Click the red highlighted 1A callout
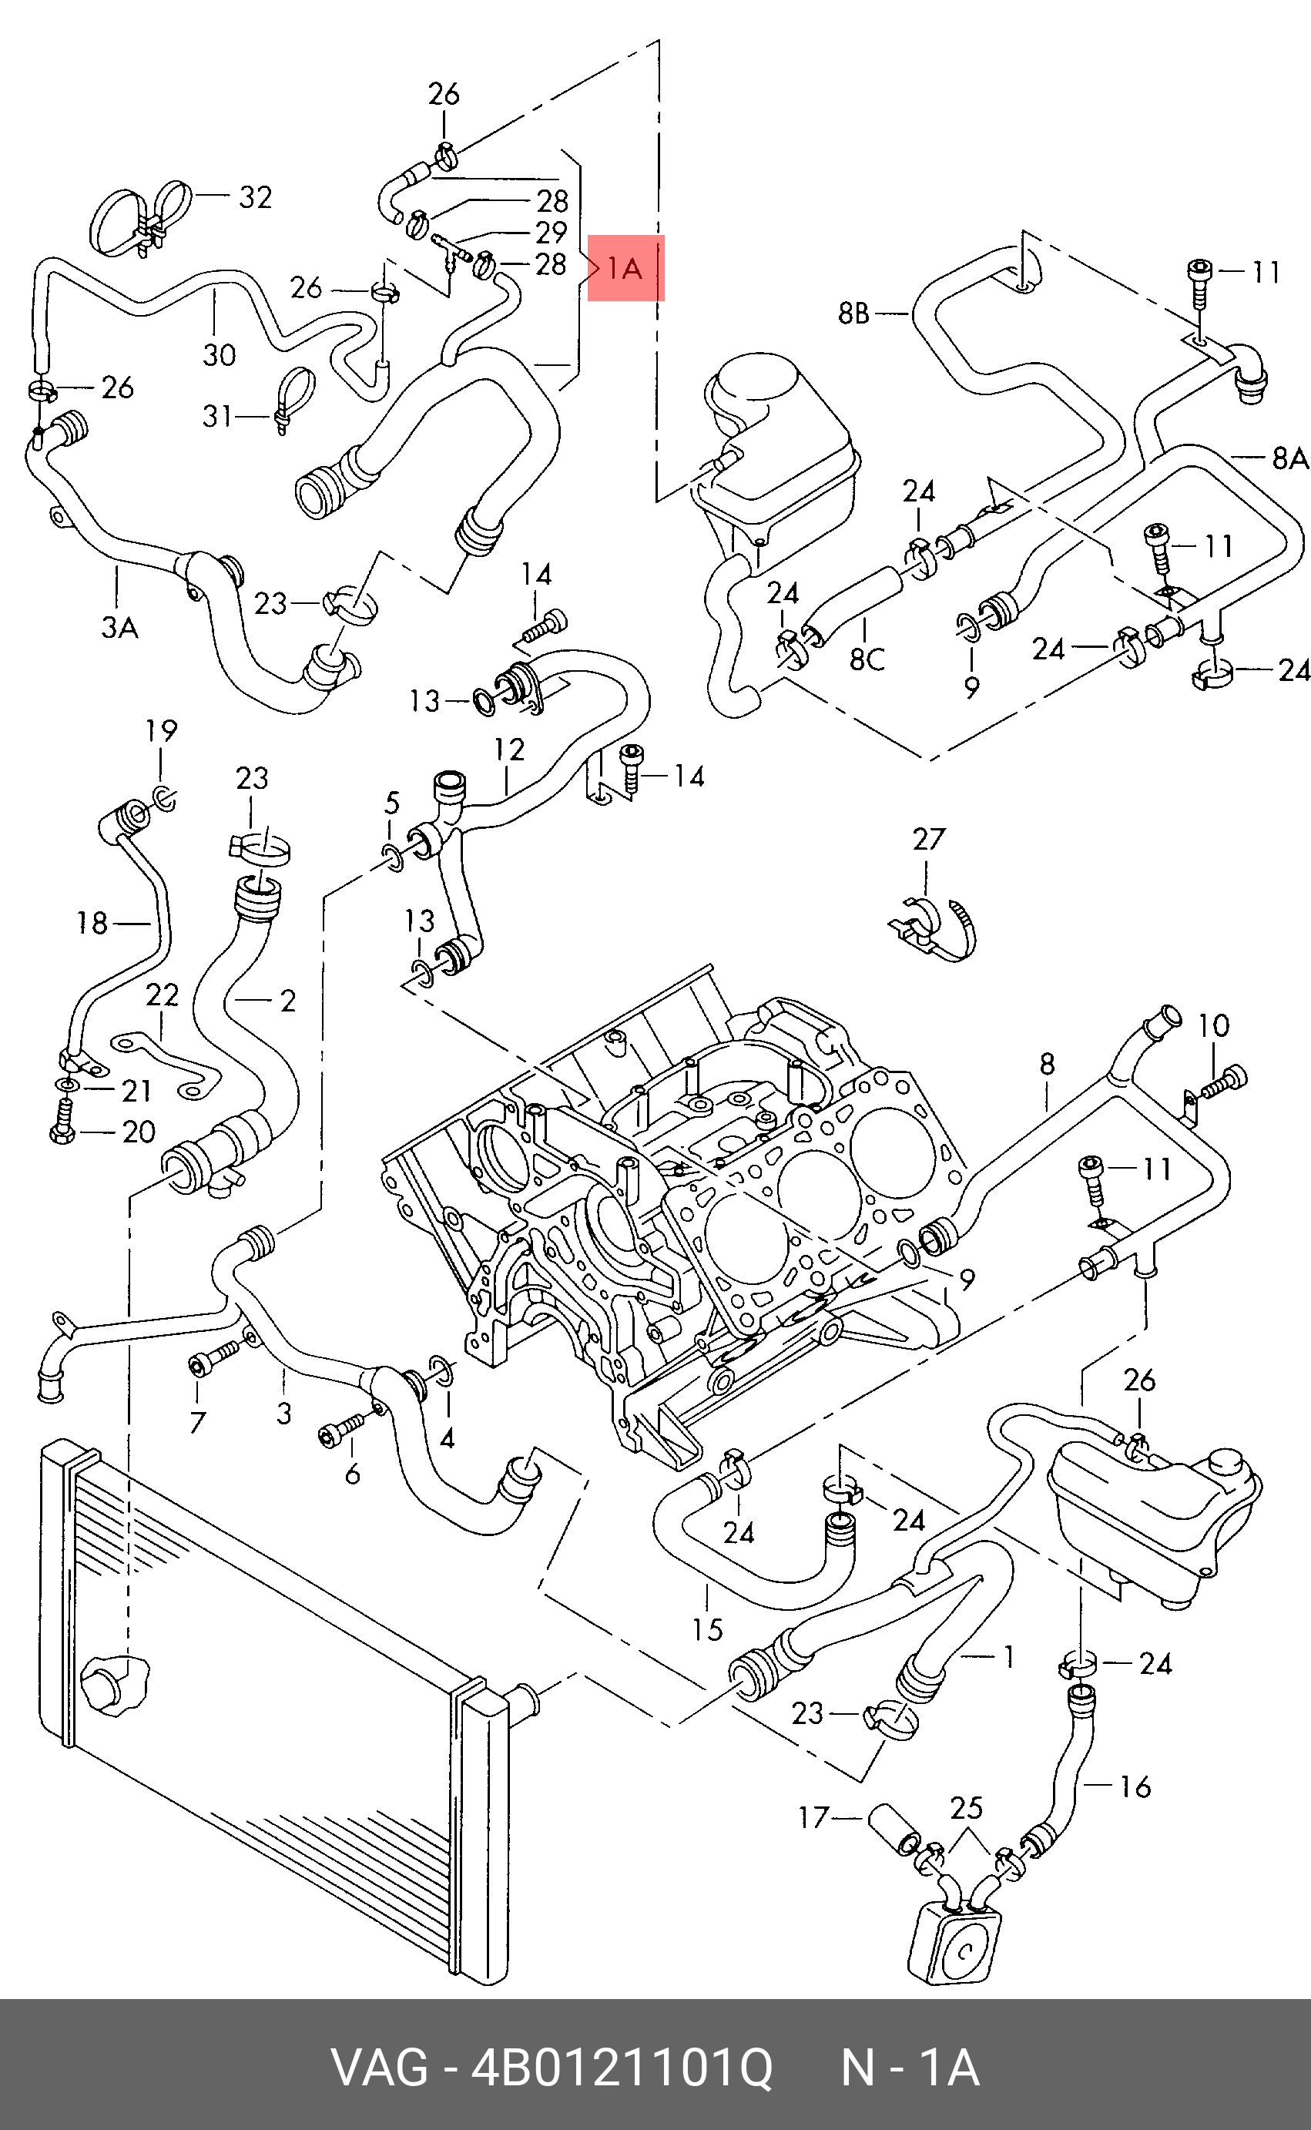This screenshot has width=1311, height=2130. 626,268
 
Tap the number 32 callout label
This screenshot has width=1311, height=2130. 255,198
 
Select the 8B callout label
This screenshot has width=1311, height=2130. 854,313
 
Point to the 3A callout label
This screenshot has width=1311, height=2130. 119,626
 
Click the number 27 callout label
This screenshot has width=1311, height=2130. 929,839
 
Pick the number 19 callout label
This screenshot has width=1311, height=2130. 161,731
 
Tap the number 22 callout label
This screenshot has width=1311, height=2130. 162,995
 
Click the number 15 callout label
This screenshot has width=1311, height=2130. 708,1630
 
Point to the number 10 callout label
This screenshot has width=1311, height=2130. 1214,1026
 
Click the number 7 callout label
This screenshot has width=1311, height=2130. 197,1423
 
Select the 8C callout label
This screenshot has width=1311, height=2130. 867,659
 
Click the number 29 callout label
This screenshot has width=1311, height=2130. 552,233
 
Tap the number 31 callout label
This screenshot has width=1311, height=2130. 218,416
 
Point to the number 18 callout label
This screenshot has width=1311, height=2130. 92,924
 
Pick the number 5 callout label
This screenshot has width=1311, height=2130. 392,803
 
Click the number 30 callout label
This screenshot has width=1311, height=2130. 220,354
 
